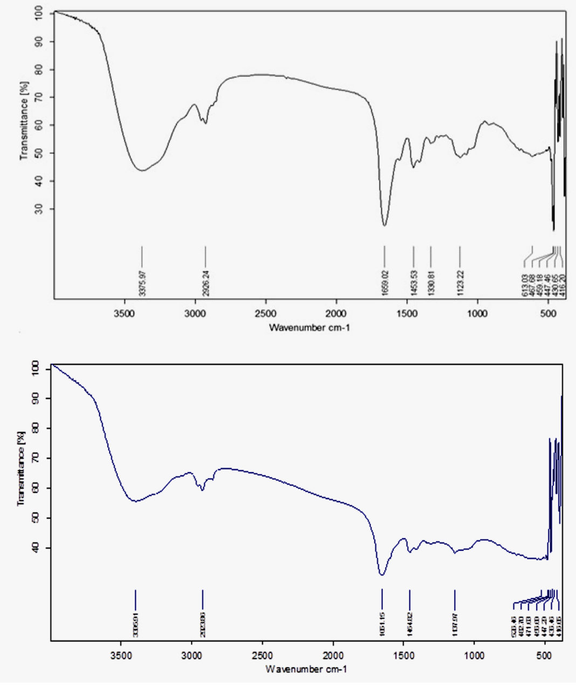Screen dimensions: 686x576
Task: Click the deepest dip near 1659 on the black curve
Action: pyautogui.click(x=385, y=225)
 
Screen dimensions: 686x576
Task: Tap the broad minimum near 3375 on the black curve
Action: pyautogui.click(x=142, y=171)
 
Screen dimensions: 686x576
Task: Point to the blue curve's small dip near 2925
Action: pyautogui.click(x=202, y=490)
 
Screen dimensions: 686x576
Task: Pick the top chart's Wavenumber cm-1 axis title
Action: pyautogui.click(x=310, y=327)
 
